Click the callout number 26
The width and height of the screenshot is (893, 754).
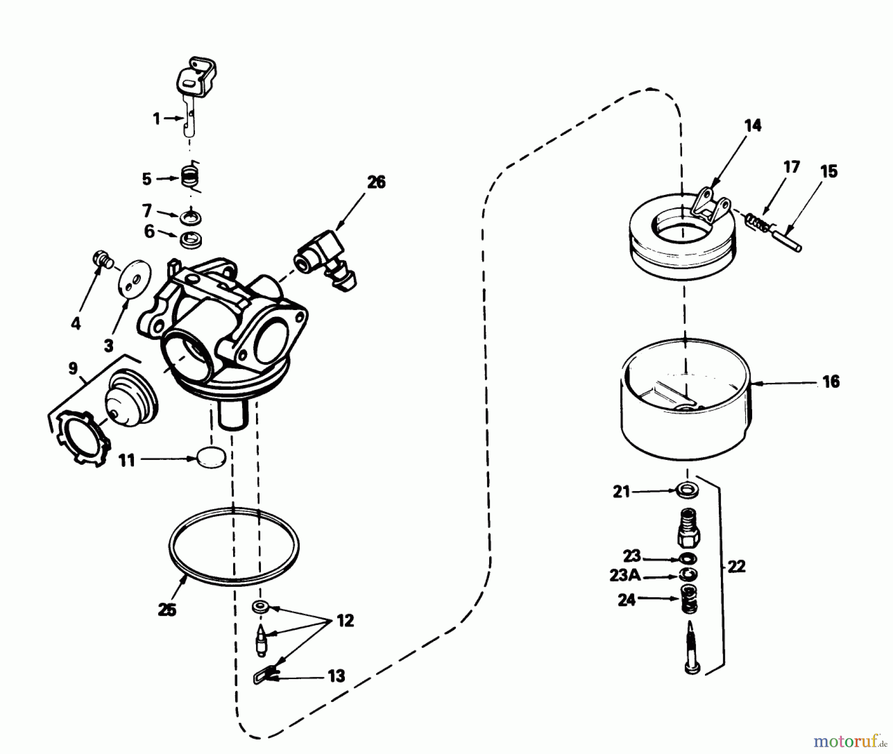376,182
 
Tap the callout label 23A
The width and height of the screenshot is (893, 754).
625,576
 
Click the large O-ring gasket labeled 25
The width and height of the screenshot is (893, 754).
234,544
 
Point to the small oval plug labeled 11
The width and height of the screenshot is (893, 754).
211,457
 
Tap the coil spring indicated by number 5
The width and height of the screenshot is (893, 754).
189,177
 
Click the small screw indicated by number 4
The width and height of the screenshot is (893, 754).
103,259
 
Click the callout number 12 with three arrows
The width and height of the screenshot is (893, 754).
345,621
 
